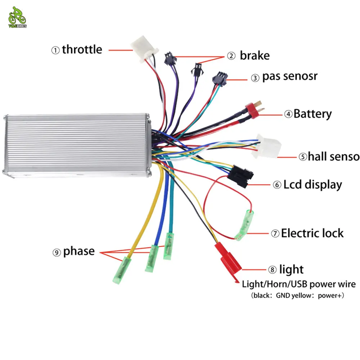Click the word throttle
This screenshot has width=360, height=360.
pyautogui.click(x=82, y=49)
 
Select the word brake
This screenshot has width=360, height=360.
pyautogui.click(x=255, y=56)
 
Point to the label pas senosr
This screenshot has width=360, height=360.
pyautogui.click(x=290, y=77)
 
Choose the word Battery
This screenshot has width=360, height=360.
pyautogui.click(x=312, y=114)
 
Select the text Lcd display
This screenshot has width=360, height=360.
pyautogui.click(x=312, y=185)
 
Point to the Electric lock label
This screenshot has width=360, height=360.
pyautogui.click(x=312, y=233)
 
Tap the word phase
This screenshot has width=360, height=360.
pyautogui.click(x=79, y=251)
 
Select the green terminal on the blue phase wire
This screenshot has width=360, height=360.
pyautogui.click(x=152, y=258)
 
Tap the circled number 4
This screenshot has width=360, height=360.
pyautogui.click(x=288, y=114)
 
